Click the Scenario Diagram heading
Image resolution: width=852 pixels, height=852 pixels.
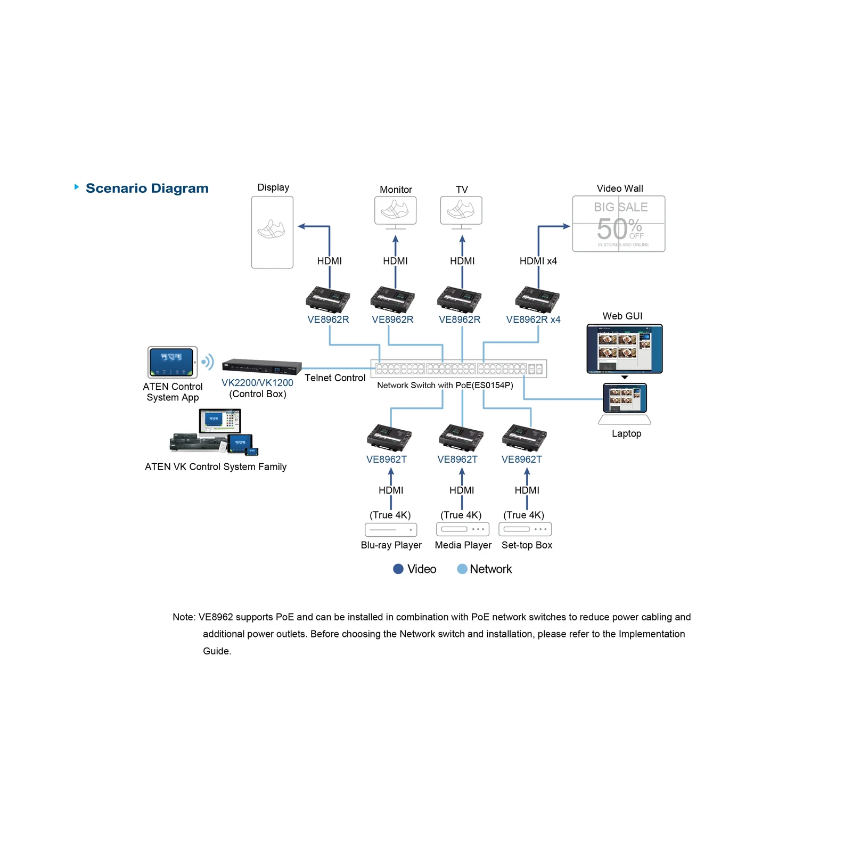147,189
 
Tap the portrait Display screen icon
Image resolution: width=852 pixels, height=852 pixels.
272,232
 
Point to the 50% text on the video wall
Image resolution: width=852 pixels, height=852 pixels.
619,229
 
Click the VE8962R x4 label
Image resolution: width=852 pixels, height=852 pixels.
533,319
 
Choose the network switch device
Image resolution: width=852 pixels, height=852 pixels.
458,368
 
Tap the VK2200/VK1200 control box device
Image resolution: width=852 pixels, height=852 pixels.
261,366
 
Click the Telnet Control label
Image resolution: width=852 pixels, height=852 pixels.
335,378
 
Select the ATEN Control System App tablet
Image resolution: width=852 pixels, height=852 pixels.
173,363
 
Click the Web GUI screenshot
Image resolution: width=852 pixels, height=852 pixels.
625,349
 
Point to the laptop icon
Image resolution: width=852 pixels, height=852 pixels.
625,404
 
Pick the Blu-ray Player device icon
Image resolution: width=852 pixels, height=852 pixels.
391,530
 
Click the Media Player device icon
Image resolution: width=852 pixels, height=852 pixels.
462,529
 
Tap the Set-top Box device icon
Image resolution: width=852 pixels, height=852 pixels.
525,529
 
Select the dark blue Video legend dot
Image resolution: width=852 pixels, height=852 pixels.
398,569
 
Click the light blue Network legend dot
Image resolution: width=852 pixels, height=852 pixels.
462,569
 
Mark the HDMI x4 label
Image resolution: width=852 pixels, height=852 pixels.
538,261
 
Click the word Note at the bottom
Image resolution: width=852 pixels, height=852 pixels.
183,617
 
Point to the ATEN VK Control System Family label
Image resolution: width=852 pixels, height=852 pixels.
216,467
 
